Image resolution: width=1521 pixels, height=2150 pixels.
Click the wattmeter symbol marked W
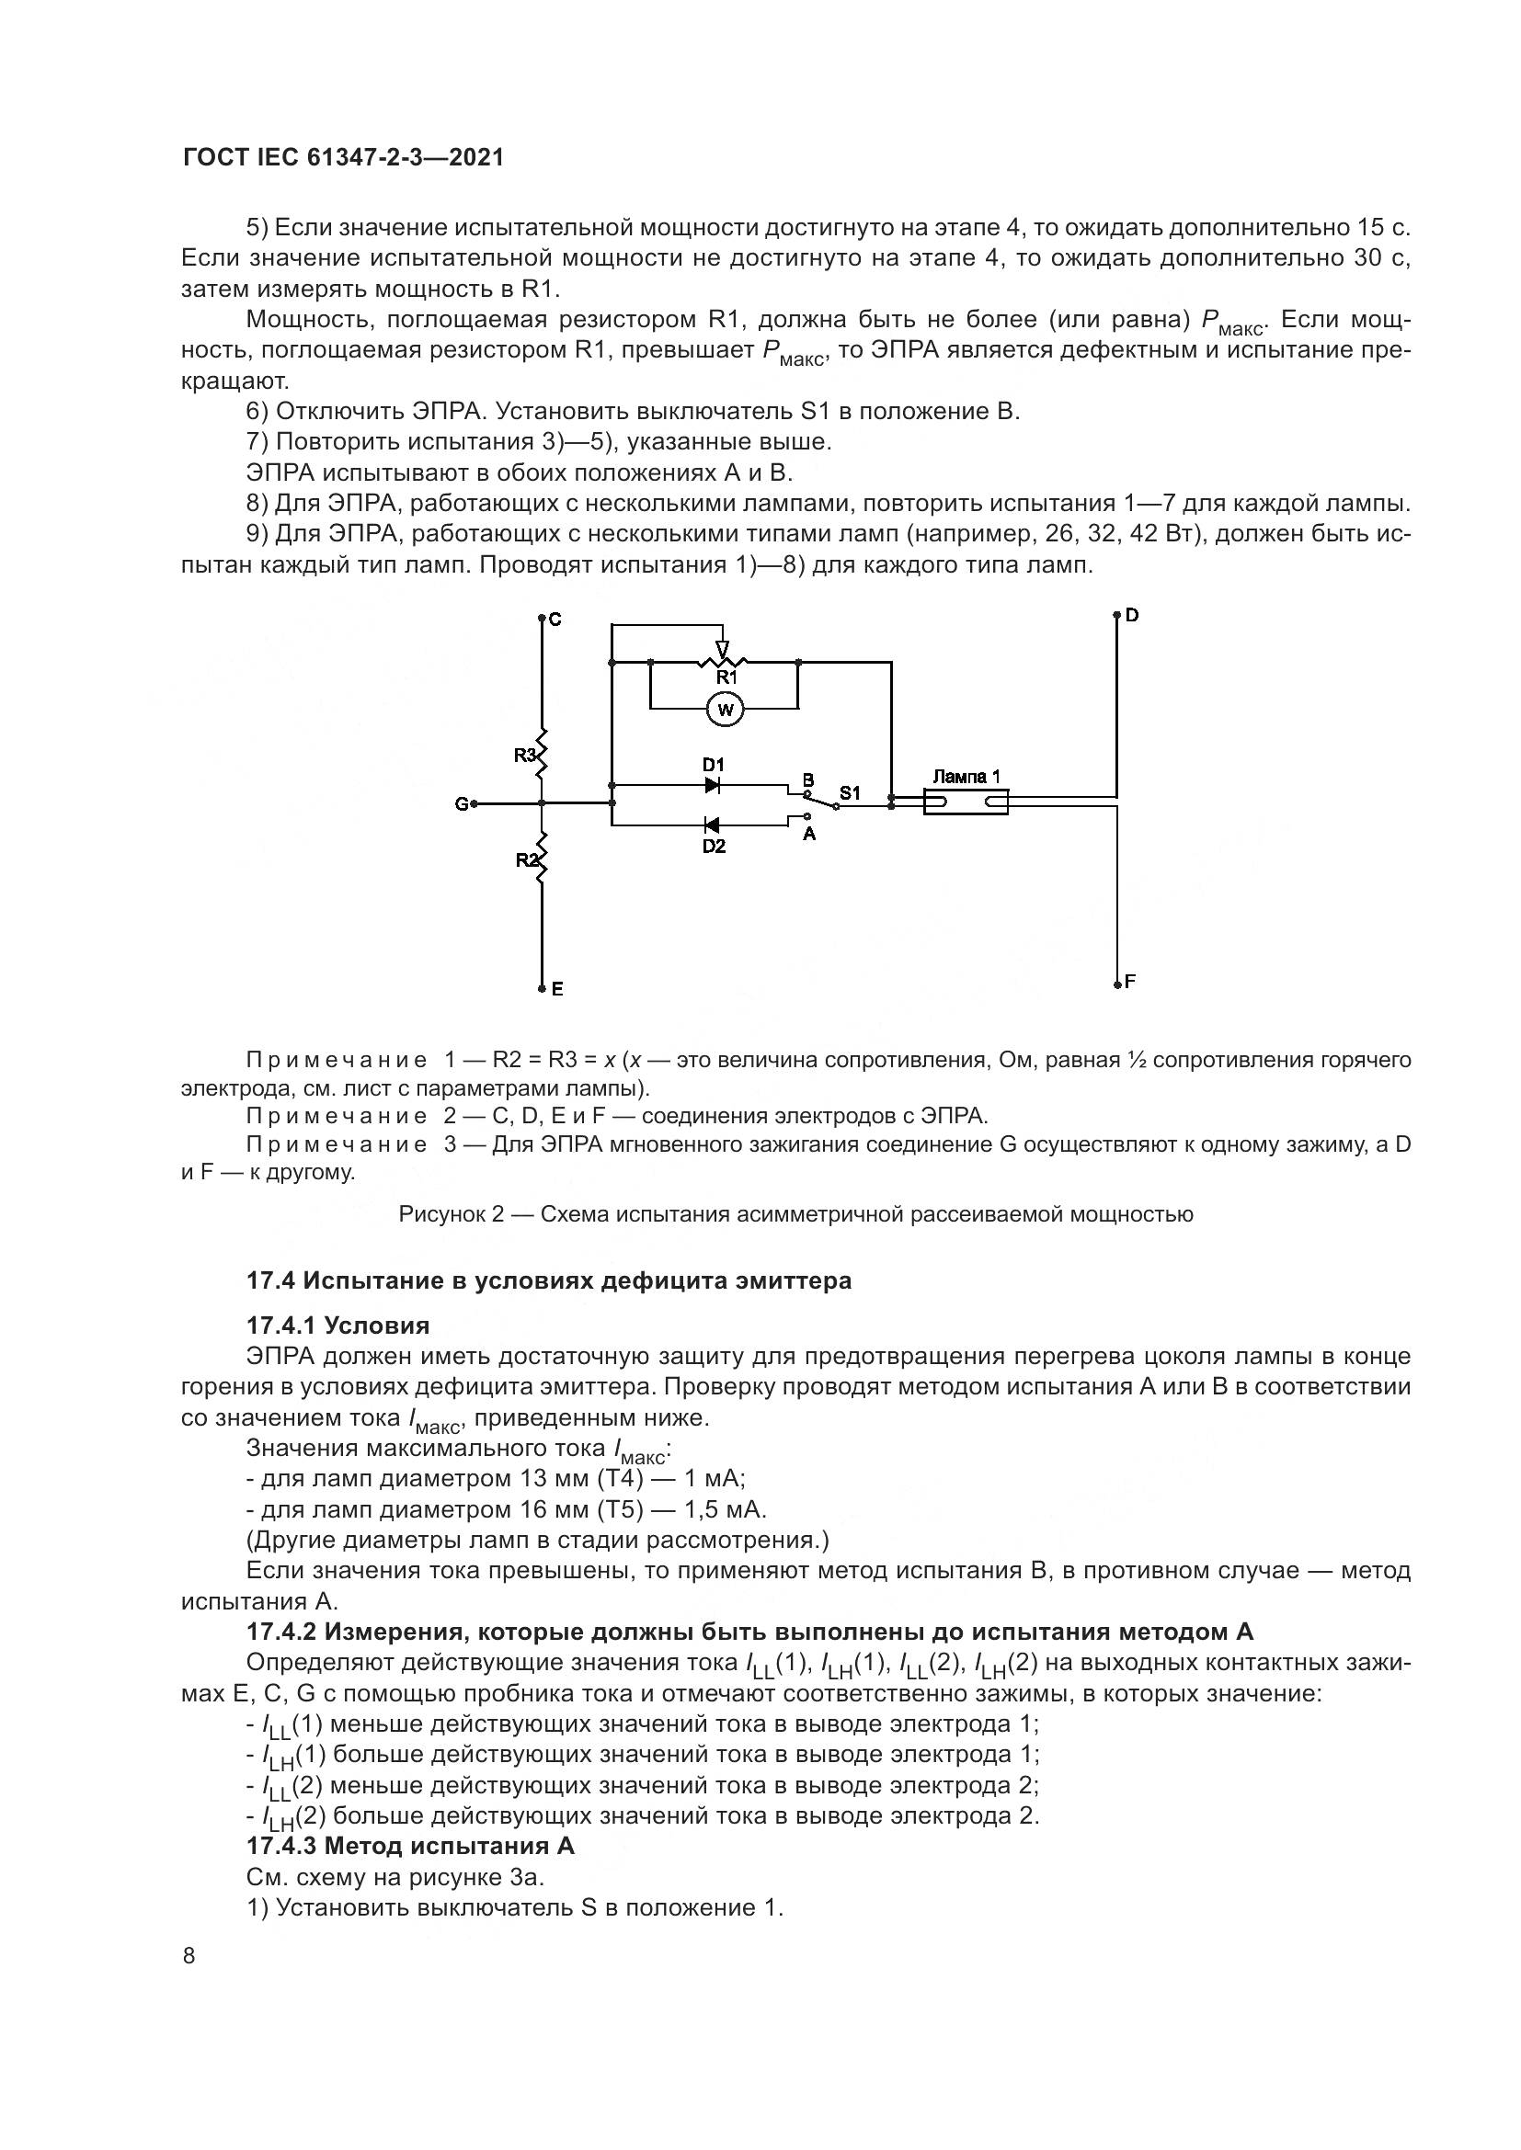[x=724, y=710]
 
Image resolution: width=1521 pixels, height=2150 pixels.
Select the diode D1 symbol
[x=712, y=785]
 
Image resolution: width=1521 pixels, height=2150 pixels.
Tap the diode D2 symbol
[x=712, y=825]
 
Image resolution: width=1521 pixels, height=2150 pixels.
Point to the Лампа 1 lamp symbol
[x=966, y=802]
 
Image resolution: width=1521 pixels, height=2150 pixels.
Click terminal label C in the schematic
[x=555, y=619]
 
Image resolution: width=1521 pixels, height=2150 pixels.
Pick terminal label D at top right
[x=1132, y=615]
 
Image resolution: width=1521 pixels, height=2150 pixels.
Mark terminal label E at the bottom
[x=557, y=988]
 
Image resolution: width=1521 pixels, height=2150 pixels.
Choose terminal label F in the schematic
[x=1130, y=982]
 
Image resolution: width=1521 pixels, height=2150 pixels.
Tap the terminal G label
[x=461, y=803]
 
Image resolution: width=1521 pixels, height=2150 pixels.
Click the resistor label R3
[x=524, y=755]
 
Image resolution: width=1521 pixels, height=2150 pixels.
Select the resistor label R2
[x=526, y=859]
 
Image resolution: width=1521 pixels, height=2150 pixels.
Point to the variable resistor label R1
[x=726, y=677]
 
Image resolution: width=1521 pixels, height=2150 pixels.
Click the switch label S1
[x=850, y=793]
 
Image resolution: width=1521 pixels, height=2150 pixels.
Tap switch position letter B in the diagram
[x=808, y=779]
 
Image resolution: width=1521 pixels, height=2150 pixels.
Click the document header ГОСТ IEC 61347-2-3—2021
[x=344, y=157]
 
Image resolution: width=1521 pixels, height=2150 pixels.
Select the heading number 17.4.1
[x=280, y=1325]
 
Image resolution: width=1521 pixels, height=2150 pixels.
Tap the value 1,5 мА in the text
[x=726, y=1509]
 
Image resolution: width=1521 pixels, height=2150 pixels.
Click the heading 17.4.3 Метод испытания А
[x=410, y=1846]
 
